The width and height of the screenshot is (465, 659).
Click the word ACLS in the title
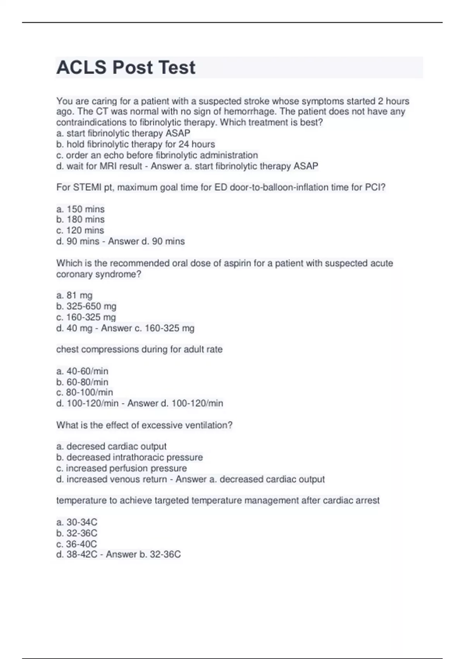(x=81, y=67)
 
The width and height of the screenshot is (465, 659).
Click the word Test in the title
(x=177, y=67)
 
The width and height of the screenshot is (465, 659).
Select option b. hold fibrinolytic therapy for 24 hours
(x=136, y=144)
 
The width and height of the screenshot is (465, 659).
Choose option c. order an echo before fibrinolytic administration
(x=157, y=155)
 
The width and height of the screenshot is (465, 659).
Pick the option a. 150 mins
(x=81, y=209)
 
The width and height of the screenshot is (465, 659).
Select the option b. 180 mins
(x=81, y=219)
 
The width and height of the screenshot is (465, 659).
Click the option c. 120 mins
(x=80, y=230)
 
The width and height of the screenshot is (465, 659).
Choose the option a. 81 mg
(x=74, y=295)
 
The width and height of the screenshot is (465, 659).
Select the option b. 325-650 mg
(x=86, y=306)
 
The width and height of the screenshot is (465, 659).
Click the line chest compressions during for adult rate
(x=139, y=349)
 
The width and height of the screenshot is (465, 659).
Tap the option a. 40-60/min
(x=82, y=371)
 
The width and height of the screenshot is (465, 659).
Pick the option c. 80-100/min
(x=84, y=392)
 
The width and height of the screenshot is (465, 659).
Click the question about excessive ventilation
(x=144, y=425)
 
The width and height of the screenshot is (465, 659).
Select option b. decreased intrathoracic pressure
(x=129, y=457)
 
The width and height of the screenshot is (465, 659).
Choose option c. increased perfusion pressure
(x=121, y=468)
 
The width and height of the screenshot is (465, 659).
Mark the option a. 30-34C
(x=77, y=522)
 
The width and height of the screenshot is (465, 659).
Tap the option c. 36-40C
(x=77, y=544)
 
